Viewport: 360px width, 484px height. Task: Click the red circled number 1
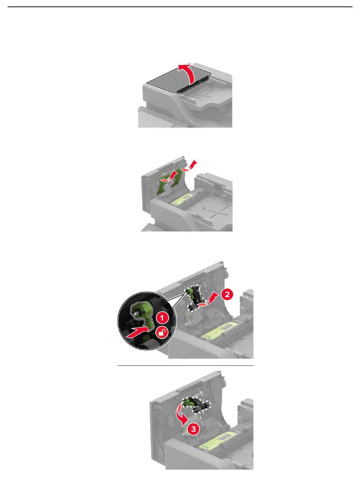pyautogui.click(x=162, y=318)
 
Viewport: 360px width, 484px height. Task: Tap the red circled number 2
pyautogui.click(x=227, y=295)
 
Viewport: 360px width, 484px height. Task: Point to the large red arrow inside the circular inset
pyautogui.click(x=138, y=332)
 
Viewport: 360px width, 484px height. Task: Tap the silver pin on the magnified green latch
pyautogui.click(x=136, y=312)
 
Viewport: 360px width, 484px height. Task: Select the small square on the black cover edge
pyautogui.click(x=200, y=83)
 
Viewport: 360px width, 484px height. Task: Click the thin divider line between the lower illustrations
pyautogui.click(x=185, y=365)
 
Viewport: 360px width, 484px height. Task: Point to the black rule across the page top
pyautogui.click(x=180, y=7)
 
